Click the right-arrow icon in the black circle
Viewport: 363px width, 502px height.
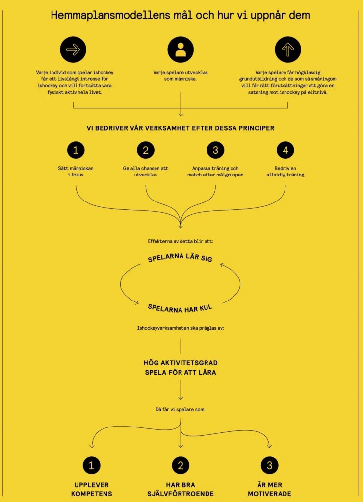(73, 50)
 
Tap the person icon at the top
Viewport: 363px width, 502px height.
(181, 50)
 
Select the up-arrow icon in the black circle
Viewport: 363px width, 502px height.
(288, 50)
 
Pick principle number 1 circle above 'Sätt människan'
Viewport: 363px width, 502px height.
(76, 150)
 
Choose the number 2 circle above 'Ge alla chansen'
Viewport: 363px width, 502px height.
(146, 150)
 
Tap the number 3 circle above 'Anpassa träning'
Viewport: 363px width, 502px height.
(215, 150)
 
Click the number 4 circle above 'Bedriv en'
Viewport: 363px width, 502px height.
(285, 150)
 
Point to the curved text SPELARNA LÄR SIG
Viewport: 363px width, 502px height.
(180, 257)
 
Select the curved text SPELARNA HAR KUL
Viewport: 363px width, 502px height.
(180, 309)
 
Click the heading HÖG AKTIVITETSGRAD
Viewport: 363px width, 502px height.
(181, 363)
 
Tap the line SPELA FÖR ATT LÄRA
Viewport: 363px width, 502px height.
(181, 373)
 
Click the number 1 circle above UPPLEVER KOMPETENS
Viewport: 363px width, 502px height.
(92, 465)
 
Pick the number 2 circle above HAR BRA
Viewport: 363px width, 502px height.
(181, 465)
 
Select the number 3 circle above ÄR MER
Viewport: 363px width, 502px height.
(269, 465)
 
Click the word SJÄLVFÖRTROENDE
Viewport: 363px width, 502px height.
(181, 494)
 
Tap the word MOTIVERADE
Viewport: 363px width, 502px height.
(269, 494)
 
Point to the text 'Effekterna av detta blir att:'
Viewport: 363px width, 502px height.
(181, 241)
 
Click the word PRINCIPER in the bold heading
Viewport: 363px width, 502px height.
(255, 128)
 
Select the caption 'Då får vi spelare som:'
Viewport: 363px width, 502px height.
(181, 409)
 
